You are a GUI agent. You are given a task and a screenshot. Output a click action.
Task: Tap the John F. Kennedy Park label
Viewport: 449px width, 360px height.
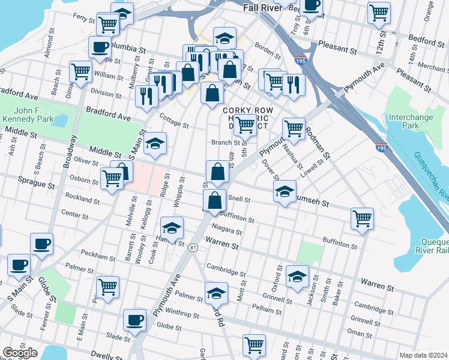click(x=35, y=115)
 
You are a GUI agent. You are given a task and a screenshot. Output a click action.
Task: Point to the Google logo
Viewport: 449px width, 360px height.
click(x=20, y=352)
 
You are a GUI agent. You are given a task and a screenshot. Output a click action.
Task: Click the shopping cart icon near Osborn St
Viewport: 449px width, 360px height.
click(x=112, y=178)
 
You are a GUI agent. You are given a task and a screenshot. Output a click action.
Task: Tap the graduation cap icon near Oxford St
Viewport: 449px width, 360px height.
click(x=297, y=276)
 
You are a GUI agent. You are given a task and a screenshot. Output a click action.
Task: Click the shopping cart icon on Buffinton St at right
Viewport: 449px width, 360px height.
click(x=363, y=218)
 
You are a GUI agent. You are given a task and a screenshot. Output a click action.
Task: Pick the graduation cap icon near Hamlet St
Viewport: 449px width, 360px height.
click(x=172, y=227)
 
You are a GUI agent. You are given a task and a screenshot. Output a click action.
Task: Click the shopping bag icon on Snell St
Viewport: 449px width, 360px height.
click(x=215, y=200)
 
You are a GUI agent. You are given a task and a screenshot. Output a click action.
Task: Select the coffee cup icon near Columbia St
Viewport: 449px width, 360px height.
click(x=100, y=47)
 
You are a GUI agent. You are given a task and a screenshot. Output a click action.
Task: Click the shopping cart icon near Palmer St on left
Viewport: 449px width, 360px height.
click(x=107, y=287)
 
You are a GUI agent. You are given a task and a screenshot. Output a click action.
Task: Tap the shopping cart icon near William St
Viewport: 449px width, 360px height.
click(x=80, y=71)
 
